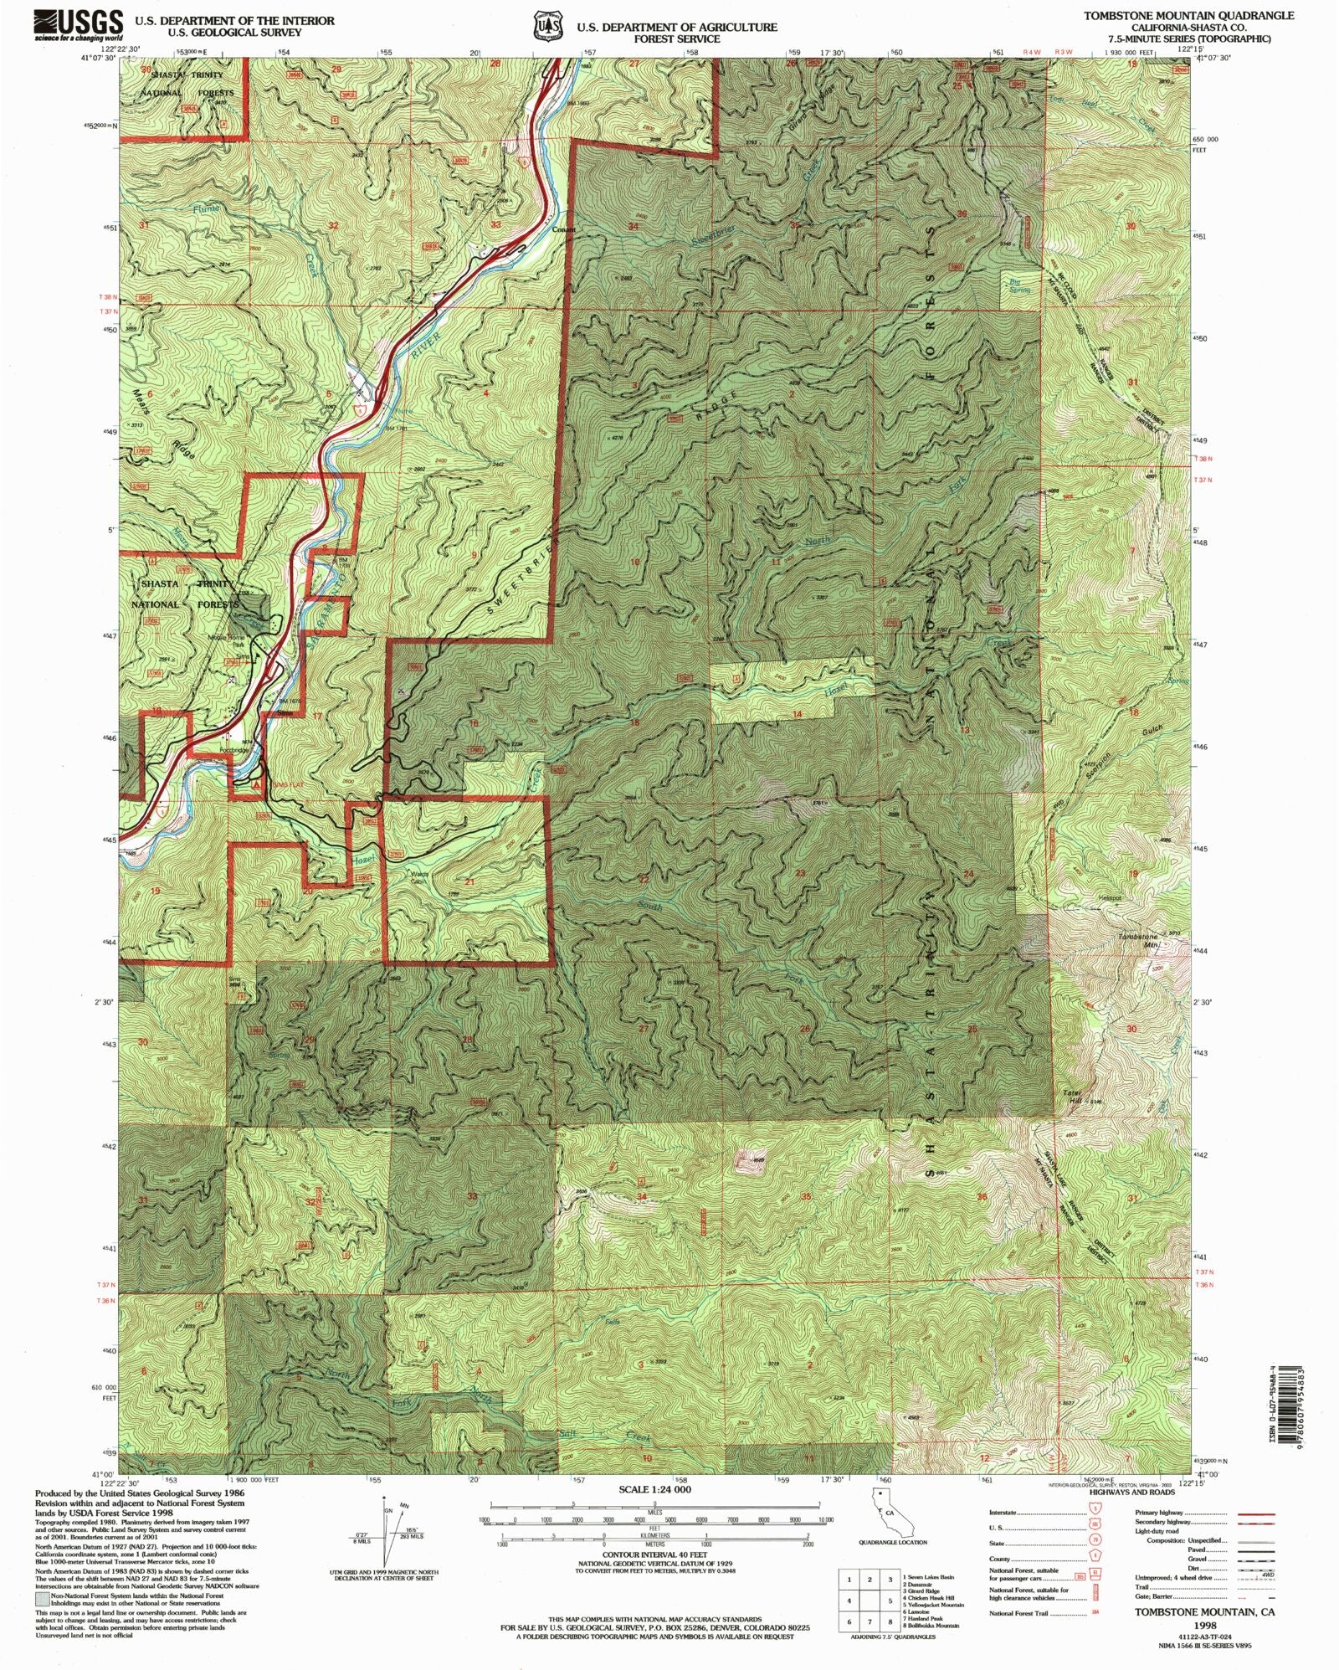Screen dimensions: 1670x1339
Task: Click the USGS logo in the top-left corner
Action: click(x=79, y=25)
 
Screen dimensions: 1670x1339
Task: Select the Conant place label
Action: click(x=563, y=229)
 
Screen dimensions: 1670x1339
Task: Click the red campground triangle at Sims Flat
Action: click(x=256, y=784)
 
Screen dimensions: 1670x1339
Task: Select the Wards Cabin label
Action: click(x=419, y=878)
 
